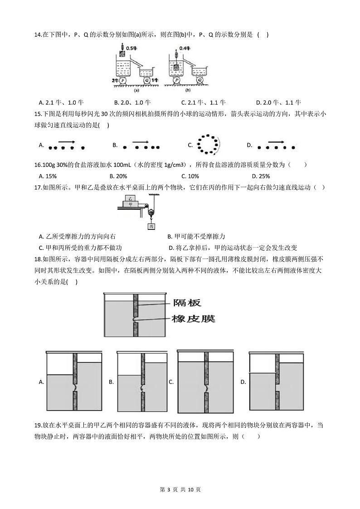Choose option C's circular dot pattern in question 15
209,145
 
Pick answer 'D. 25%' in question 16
261,176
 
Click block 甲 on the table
131,204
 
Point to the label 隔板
186,303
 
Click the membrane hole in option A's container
74,388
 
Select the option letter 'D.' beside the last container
243,382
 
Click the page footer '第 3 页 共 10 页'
180,490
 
